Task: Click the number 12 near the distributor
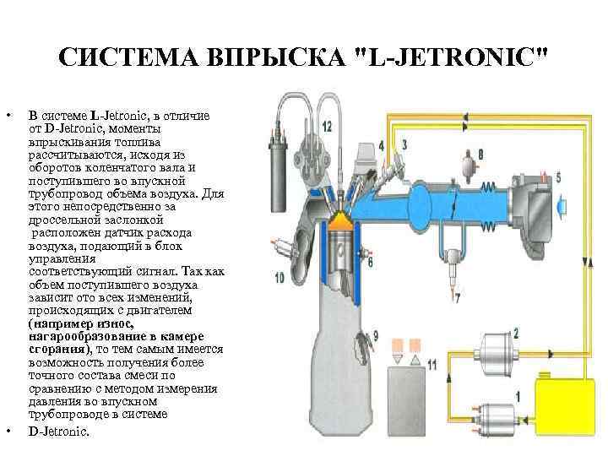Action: [x=326, y=126]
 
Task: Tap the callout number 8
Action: [x=480, y=155]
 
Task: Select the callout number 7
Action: [x=457, y=298]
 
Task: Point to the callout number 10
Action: [x=279, y=277]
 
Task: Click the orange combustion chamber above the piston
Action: [x=340, y=221]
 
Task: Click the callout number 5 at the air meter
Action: [x=557, y=176]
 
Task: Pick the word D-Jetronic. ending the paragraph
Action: [x=58, y=431]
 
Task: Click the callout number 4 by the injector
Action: [x=381, y=145]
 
